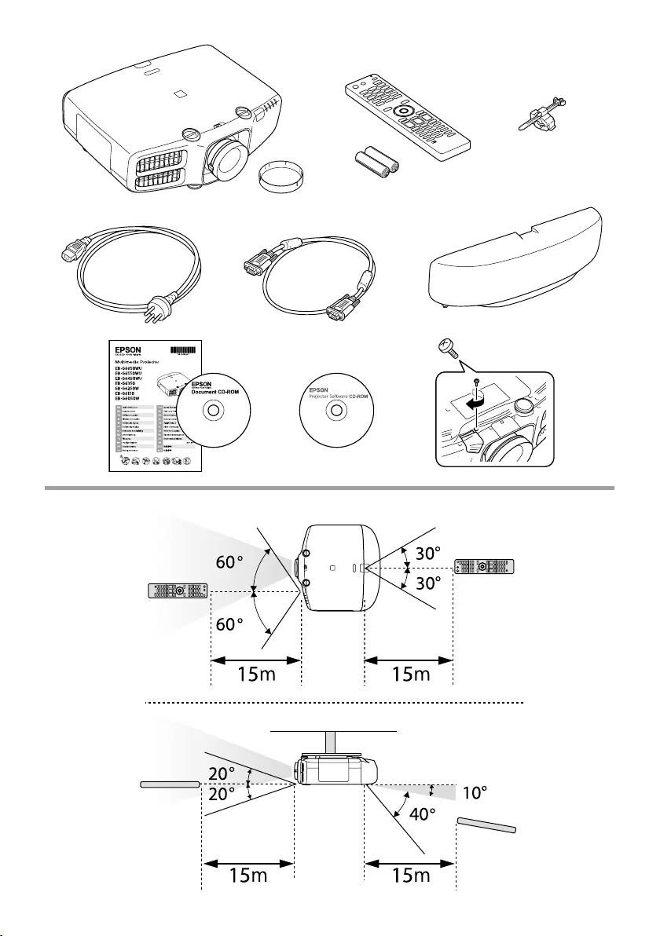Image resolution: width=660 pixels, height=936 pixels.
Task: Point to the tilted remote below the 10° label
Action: point(487,824)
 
